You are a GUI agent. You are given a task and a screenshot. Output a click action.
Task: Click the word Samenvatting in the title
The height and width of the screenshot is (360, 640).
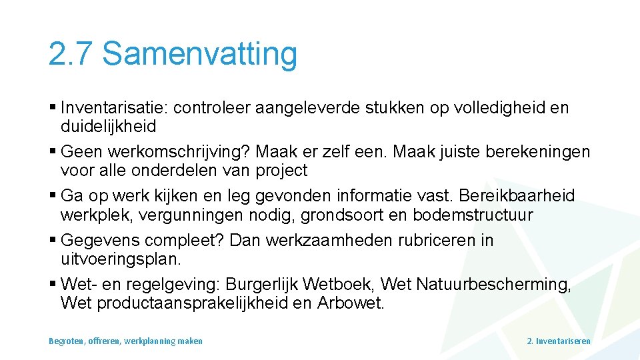[x=199, y=54]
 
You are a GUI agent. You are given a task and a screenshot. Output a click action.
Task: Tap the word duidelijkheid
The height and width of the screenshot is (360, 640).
[x=108, y=126]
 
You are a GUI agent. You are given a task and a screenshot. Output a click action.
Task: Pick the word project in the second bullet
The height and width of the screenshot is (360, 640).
[x=281, y=171]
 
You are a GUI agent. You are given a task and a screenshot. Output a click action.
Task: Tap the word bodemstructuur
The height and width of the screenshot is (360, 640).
[x=473, y=215]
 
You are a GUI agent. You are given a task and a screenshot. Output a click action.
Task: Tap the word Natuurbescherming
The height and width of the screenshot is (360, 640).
[x=493, y=285]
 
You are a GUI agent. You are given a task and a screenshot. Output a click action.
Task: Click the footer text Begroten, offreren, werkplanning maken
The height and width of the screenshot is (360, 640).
[x=125, y=341]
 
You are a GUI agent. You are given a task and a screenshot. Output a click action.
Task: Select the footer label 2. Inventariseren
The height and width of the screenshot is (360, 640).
[x=559, y=341]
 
